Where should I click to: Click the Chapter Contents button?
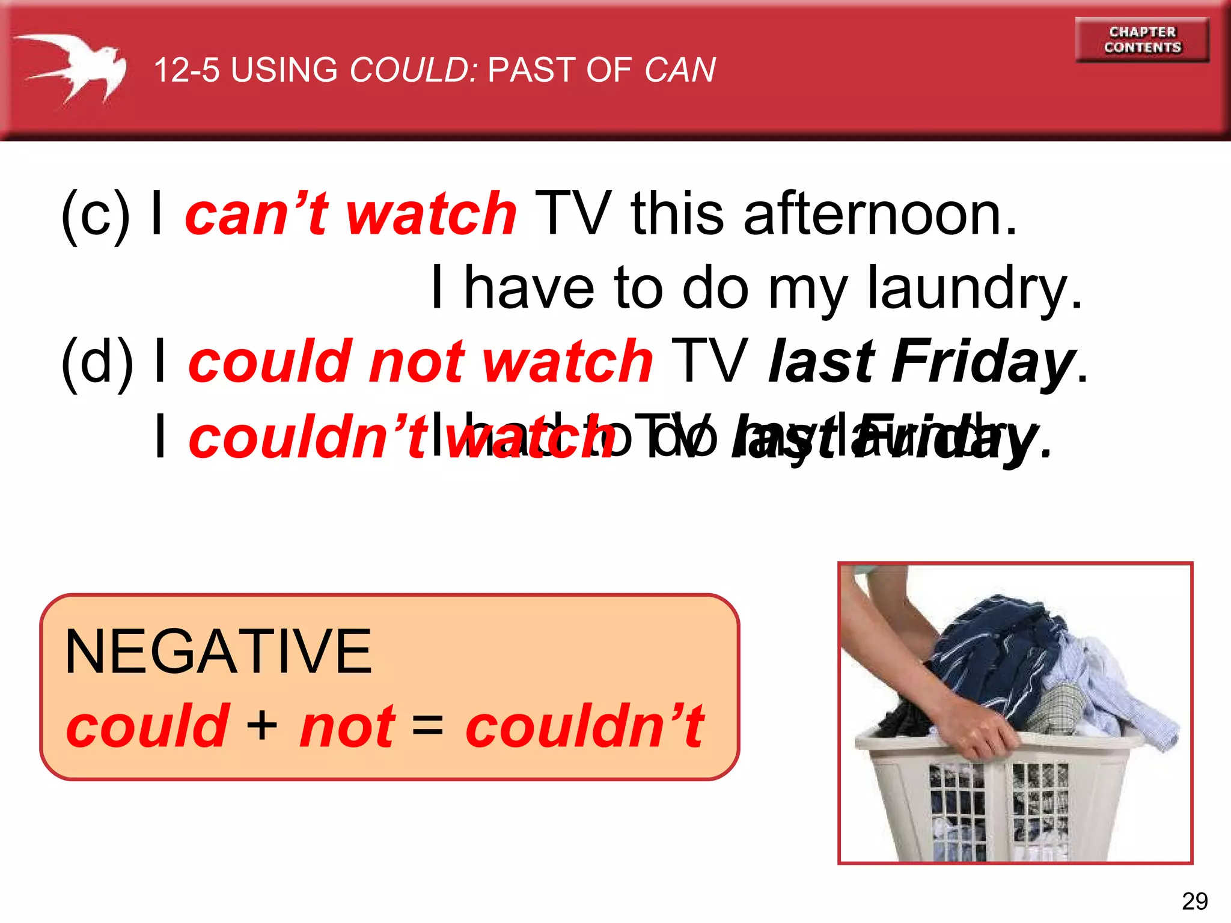(x=1142, y=40)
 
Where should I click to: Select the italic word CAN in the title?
(x=680, y=70)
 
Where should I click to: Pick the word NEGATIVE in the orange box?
(x=218, y=652)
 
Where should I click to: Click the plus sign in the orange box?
(x=262, y=726)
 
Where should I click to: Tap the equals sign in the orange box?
(x=428, y=726)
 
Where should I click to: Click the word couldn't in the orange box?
(x=584, y=726)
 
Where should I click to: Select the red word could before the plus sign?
(x=148, y=726)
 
